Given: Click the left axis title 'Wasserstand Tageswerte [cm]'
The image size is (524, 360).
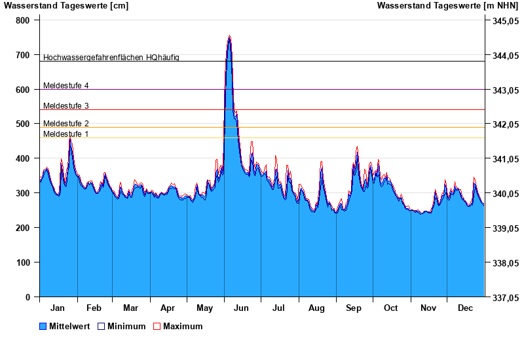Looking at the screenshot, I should [x=66, y=6].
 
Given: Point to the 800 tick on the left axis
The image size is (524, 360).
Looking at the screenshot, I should [x=23, y=20].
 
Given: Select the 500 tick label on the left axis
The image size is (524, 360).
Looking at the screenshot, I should [x=23, y=124].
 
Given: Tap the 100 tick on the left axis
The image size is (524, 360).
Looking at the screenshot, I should [x=23, y=262].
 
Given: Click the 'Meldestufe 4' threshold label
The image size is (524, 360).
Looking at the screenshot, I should [x=65, y=86].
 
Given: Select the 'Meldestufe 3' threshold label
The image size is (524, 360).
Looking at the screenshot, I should [x=65, y=106].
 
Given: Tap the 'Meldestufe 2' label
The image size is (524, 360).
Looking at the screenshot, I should [x=65, y=124].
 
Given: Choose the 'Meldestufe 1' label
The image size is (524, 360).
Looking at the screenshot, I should [x=65, y=134].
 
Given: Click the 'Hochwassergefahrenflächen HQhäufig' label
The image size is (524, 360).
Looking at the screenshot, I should [x=111, y=58].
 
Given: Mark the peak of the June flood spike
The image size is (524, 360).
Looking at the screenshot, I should [x=229, y=36].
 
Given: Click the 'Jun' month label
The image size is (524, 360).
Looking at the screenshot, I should [x=241, y=308].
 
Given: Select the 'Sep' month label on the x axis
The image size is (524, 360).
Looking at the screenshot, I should [x=354, y=308].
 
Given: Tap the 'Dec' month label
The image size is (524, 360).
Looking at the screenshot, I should [x=466, y=308].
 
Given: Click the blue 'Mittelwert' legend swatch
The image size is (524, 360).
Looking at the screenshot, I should [x=43, y=326].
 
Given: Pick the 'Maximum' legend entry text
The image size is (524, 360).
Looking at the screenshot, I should [x=183, y=326].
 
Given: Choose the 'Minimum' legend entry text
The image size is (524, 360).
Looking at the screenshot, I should [x=126, y=326].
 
